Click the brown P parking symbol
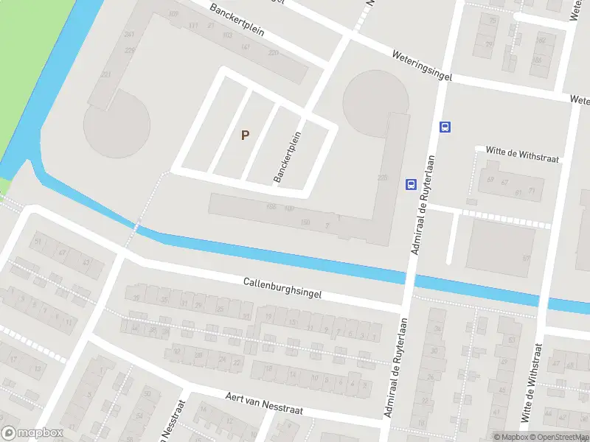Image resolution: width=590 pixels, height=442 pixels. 246,135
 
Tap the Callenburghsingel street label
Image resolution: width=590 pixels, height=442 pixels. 282,288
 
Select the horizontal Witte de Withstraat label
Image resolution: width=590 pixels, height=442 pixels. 523,153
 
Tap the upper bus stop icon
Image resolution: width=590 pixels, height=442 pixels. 445,127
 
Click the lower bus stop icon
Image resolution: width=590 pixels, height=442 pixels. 411,185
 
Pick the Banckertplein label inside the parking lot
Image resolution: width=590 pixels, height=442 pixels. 288,156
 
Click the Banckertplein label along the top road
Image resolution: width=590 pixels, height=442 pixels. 237,22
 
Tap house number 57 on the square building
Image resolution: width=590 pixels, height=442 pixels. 526,258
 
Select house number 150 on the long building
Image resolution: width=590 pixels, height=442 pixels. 306,222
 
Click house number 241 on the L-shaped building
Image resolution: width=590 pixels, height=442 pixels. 129,35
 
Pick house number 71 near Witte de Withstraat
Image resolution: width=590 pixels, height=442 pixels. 531,192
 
